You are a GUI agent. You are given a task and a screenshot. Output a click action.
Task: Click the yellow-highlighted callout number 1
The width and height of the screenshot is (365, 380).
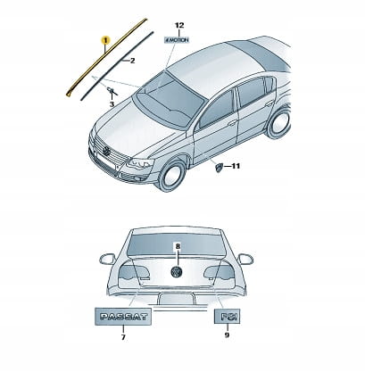click(105, 40)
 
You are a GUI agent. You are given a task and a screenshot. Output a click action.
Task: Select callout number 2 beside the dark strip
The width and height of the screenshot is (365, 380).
click(132, 61)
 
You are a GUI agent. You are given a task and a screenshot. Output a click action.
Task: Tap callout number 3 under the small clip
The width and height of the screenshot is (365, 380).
click(112, 104)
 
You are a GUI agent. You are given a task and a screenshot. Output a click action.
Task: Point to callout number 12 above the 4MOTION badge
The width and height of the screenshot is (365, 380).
click(179, 26)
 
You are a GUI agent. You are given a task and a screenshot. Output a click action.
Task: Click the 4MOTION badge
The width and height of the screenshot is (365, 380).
click(177, 39)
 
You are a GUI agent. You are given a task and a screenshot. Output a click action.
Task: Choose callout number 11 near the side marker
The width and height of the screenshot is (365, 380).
click(236, 166)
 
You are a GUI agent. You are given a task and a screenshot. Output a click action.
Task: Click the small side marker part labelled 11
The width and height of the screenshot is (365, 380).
click(219, 167)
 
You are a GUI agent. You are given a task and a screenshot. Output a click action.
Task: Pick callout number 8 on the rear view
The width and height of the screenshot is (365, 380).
click(178, 246)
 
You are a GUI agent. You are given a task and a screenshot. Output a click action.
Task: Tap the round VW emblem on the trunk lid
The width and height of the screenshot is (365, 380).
click(177, 272)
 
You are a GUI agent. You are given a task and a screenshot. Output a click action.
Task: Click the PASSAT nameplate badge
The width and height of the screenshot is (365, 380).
click(123, 317)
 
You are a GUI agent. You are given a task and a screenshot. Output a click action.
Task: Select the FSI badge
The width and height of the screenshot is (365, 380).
click(227, 317)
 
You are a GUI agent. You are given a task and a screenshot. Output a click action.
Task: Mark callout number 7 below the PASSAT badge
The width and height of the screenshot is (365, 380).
click(123, 337)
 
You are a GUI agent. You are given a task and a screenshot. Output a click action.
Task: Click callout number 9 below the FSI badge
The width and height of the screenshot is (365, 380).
click(227, 335)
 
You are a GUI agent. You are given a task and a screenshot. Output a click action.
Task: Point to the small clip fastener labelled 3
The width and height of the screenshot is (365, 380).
click(112, 90)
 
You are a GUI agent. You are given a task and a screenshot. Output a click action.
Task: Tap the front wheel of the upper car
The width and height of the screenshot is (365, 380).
click(171, 176)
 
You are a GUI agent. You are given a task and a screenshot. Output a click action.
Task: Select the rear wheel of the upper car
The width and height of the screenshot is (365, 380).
click(278, 122)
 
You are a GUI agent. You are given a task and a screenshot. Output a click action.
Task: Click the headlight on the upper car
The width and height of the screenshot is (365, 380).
click(140, 163)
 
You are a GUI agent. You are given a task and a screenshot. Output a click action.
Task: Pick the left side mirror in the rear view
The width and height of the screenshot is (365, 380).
click(107, 259)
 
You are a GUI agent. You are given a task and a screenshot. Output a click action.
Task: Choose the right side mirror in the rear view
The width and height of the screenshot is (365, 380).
click(245, 259)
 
